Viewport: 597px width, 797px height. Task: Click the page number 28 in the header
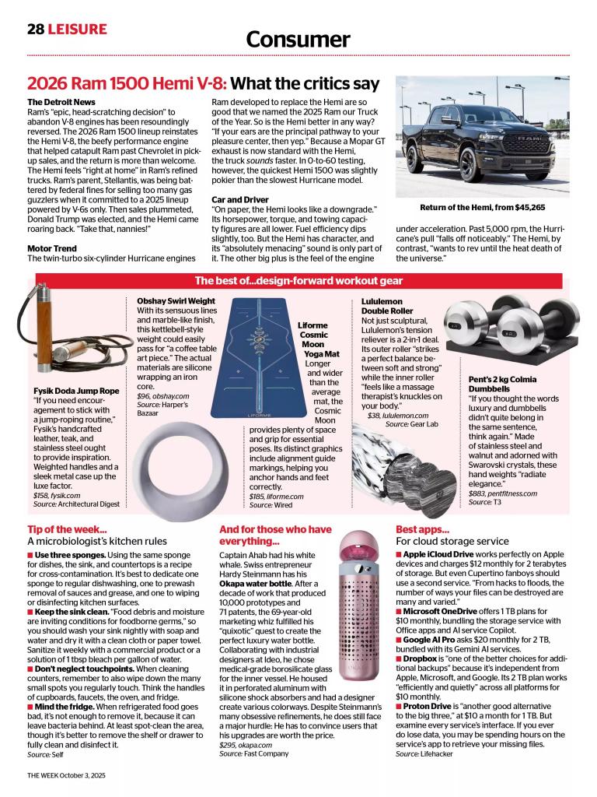click(x=35, y=29)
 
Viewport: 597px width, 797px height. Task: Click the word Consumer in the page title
click(x=298, y=40)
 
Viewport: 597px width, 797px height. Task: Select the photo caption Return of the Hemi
click(x=482, y=208)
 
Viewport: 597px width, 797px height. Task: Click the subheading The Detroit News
click(x=61, y=102)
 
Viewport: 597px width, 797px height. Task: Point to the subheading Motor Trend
click(x=52, y=248)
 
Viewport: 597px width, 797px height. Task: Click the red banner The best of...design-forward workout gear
click(x=298, y=281)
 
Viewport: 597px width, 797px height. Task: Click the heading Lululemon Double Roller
click(x=386, y=306)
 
